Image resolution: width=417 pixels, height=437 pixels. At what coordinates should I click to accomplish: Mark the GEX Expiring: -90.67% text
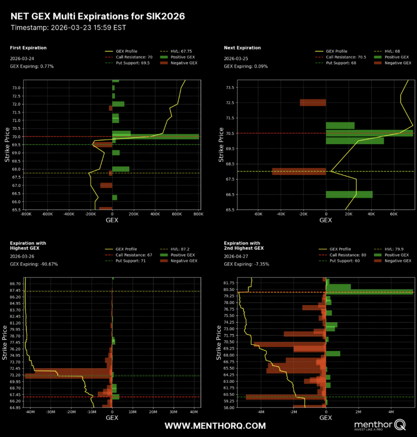pos(34,264)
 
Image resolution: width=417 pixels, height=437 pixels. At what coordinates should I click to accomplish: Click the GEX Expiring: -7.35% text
pos(246,264)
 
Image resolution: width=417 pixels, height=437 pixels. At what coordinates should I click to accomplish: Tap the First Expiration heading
pos(28,48)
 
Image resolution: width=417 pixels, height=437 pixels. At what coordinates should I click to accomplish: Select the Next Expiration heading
pos(242,48)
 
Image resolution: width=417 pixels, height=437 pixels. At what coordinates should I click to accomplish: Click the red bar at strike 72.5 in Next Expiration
pos(313,102)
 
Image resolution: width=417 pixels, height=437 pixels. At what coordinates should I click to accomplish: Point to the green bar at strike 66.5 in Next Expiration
pos(349,194)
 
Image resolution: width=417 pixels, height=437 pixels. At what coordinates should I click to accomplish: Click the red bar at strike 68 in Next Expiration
pos(299,171)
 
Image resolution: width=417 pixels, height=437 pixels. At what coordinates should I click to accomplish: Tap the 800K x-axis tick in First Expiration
pos(198,214)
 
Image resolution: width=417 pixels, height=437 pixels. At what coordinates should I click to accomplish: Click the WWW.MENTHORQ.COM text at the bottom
pos(215,426)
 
